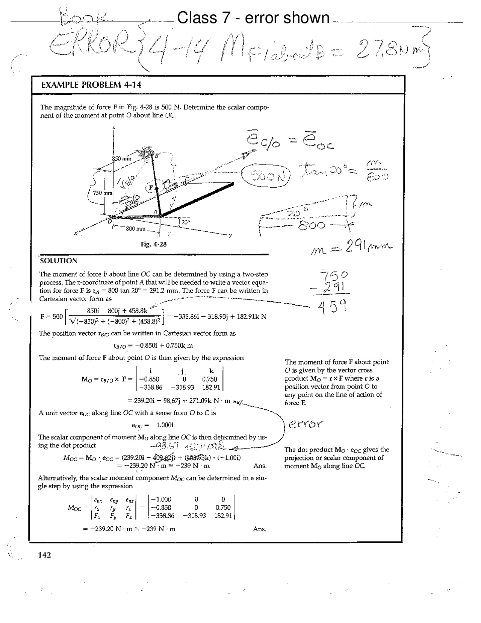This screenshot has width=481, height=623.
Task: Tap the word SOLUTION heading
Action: (x=59, y=261)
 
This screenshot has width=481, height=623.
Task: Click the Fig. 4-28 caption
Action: (x=154, y=244)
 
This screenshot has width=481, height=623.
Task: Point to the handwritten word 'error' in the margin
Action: (x=306, y=424)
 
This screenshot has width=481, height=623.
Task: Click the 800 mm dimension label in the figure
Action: (x=136, y=229)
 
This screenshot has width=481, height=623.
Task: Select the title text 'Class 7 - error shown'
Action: (x=253, y=18)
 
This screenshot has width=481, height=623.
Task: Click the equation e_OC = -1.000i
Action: (x=151, y=425)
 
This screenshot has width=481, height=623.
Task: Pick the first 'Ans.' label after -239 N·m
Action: (x=260, y=466)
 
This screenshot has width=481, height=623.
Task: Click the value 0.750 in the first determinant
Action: (x=209, y=379)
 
